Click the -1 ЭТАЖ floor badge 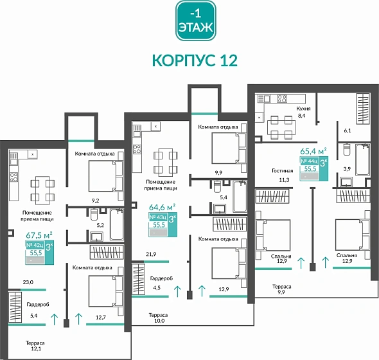click(196, 22)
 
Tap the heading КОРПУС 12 click(195, 60)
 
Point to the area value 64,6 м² click(163, 207)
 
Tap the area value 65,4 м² click(313, 151)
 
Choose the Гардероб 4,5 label click(161, 282)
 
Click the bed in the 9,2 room click(103, 173)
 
